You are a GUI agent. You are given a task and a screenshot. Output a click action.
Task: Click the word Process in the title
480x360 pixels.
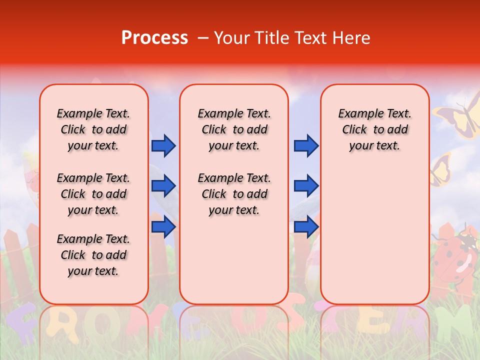pos(154,37)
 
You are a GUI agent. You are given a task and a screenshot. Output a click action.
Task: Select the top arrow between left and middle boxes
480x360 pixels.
pos(163,145)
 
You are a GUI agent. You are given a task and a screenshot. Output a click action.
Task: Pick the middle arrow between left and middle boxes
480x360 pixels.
pos(163,186)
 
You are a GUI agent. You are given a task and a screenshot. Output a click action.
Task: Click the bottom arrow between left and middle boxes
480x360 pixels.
pos(163,226)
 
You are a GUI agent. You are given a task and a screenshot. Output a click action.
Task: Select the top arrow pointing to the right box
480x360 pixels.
pos(306,145)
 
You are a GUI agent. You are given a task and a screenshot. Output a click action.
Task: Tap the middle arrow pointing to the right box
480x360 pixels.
pos(306,186)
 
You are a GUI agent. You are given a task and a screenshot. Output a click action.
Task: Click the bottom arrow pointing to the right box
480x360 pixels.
pos(306,226)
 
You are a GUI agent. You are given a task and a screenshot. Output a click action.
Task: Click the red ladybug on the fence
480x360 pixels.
pos(455,252)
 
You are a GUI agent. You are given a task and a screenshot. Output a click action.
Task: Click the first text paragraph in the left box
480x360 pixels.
pos(93,129)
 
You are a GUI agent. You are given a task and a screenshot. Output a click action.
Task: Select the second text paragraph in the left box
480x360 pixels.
pos(93,194)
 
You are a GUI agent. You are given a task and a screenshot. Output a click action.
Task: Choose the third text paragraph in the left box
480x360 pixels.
pos(93,255)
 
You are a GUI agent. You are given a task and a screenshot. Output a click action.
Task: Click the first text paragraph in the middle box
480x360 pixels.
pos(234,129)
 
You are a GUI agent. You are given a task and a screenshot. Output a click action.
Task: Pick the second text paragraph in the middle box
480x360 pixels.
pos(234,194)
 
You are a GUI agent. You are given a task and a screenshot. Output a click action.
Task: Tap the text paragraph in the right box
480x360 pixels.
pos(374,129)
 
